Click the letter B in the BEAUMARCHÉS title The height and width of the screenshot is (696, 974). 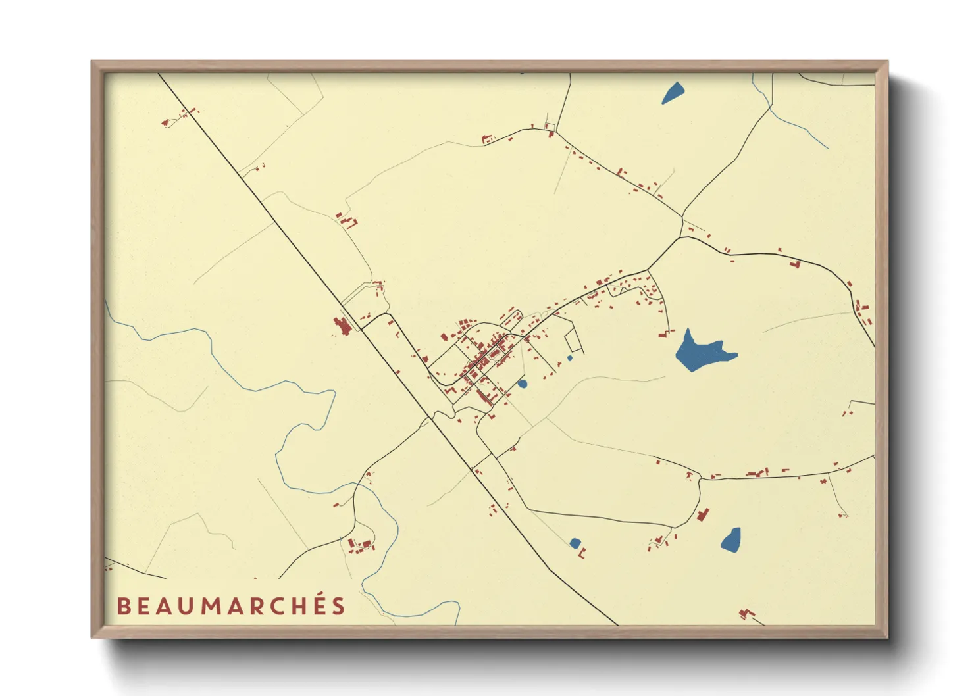click(x=122, y=606)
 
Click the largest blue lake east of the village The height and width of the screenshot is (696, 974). click(x=699, y=353)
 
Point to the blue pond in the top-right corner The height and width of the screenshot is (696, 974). click(x=672, y=93)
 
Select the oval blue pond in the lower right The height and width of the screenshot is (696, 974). click(x=731, y=539)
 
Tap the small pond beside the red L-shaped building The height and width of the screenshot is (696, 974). click(x=575, y=543)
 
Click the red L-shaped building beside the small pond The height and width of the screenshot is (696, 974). click(x=582, y=554)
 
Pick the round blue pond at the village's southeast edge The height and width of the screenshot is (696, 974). click(x=523, y=384)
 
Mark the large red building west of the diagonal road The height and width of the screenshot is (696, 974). click(x=342, y=326)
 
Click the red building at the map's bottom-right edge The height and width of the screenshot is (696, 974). click(x=746, y=614)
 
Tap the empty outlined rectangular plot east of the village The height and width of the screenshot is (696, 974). click(x=574, y=341)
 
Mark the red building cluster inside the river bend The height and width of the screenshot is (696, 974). click(x=360, y=545)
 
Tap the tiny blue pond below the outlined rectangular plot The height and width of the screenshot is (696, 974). click(x=569, y=359)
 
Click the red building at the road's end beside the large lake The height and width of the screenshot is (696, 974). click(x=663, y=334)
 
